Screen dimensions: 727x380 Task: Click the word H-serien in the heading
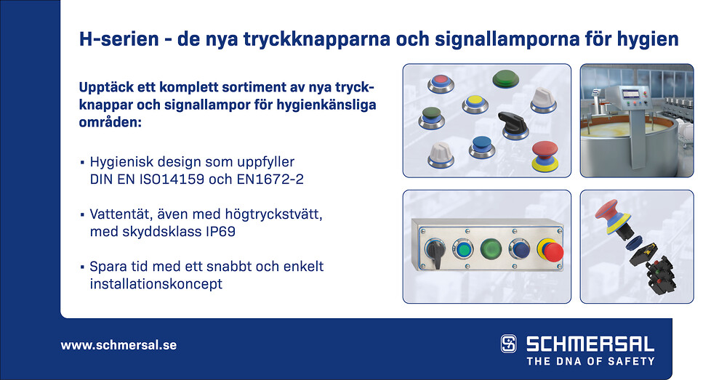(119, 39)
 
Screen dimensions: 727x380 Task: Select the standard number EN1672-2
(270, 179)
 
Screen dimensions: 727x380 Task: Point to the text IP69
(220, 231)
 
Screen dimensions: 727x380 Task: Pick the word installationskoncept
(156, 283)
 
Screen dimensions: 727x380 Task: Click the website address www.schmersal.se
(119, 345)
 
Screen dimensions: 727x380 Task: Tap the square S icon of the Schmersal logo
(509, 344)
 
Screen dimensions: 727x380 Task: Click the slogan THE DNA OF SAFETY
(590, 361)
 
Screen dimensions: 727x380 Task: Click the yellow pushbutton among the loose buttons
(475, 104)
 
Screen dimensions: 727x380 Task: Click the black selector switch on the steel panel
(435, 252)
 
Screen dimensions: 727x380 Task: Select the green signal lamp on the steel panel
(491, 249)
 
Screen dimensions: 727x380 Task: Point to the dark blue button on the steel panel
(519, 249)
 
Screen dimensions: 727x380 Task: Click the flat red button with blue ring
(441, 83)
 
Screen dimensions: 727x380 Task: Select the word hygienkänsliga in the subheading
(326, 105)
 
